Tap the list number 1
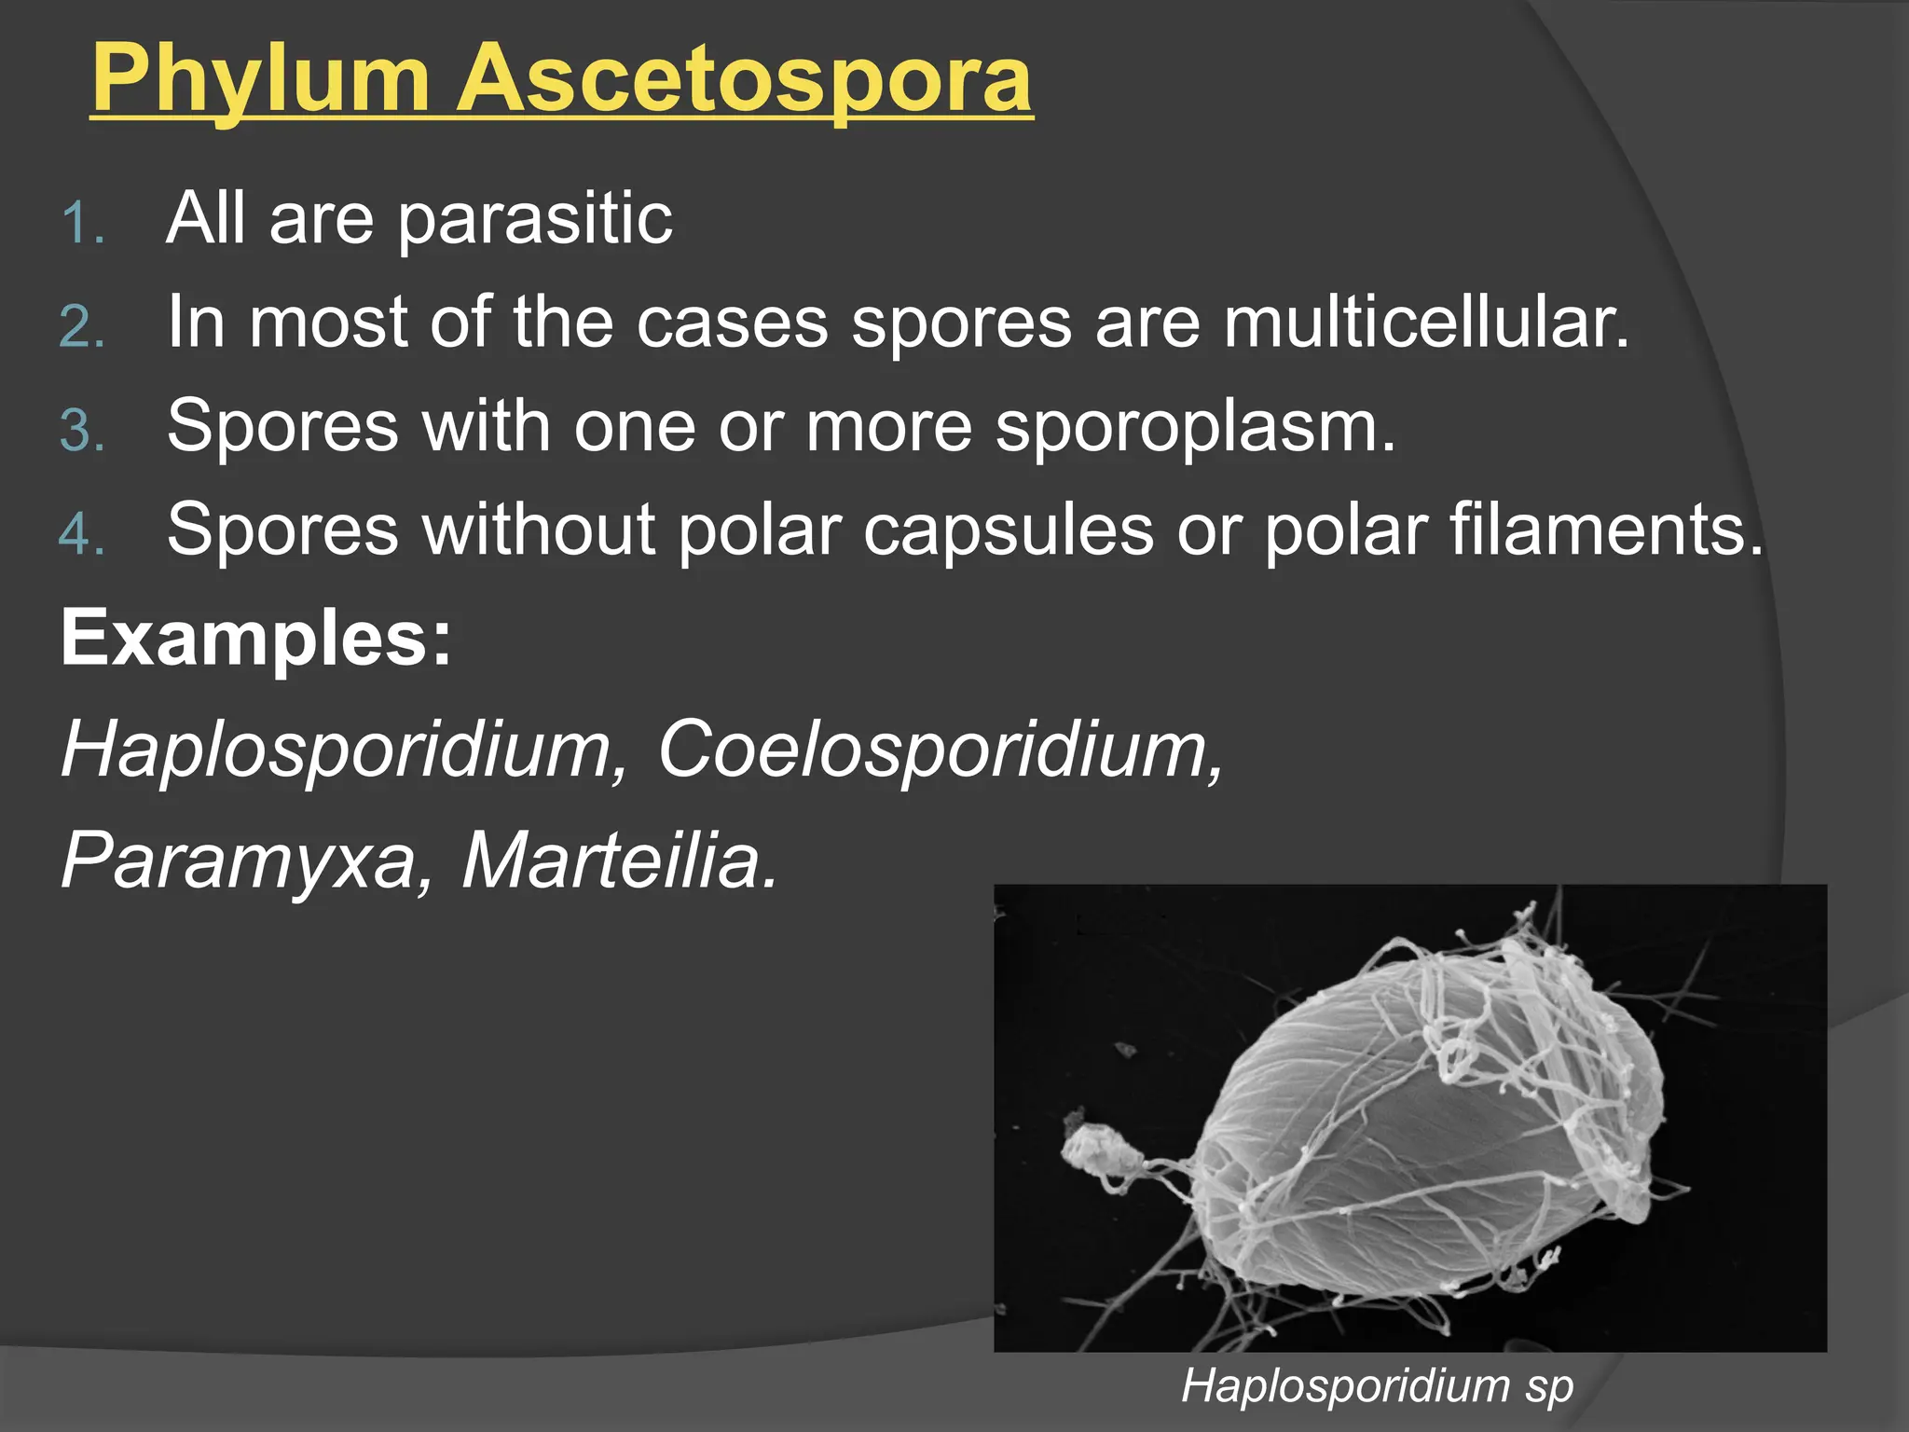click(x=81, y=225)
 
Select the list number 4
click(x=81, y=536)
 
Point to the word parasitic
click(x=535, y=220)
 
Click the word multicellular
click(x=1425, y=323)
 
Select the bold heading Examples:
click(x=256, y=639)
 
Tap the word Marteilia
click(x=619, y=860)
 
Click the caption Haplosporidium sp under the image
click(x=1377, y=1384)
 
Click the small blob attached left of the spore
click(x=1100, y=1154)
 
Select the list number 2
click(x=81, y=329)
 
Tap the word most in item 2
click(x=327, y=324)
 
